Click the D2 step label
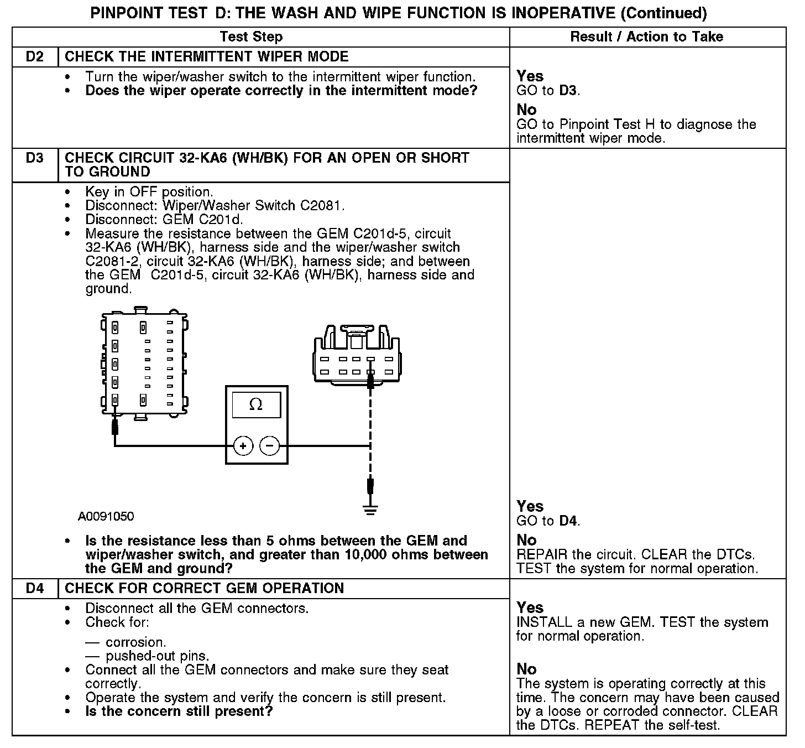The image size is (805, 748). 34,57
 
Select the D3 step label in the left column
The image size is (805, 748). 34,158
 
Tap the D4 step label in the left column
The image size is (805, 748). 34,588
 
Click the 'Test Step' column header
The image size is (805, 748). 251,37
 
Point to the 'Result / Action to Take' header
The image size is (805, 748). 646,37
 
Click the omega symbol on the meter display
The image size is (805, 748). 255,405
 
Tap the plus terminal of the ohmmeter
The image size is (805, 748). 243,445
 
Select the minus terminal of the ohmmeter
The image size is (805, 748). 270,445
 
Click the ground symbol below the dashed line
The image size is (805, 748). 370,510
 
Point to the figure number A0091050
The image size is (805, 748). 106,517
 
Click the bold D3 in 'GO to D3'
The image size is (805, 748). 568,91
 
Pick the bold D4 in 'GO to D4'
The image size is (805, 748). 568,521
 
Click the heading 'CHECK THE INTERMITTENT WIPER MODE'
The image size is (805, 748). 207,57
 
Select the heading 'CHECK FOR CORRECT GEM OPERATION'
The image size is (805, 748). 204,588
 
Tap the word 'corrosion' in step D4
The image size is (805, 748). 135,642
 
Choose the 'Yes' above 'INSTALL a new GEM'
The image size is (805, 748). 530,607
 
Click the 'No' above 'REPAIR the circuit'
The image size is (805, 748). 526,540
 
